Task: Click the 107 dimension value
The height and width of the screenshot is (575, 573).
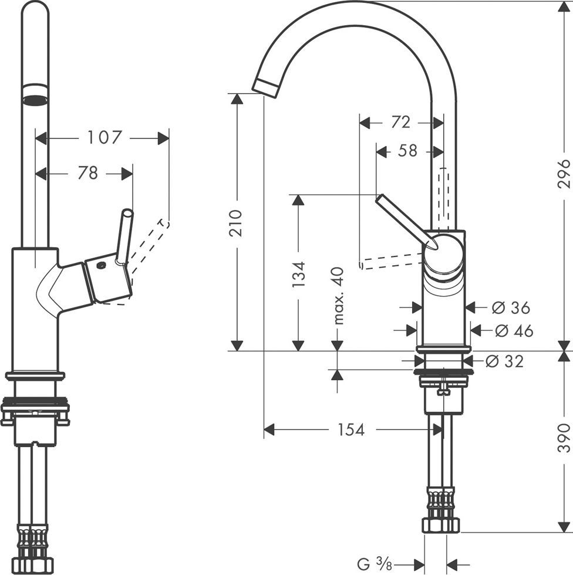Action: (x=104, y=138)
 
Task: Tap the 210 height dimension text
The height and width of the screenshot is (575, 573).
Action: (x=236, y=222)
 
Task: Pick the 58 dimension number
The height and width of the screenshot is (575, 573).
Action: (x=407, y=151)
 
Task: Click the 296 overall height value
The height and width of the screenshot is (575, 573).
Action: (x=564, y=173)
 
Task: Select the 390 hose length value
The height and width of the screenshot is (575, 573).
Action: (x=564, y=437)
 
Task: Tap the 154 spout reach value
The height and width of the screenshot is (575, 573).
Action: (x=351, y=430)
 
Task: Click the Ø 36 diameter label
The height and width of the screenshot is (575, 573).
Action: (x=510, y=307)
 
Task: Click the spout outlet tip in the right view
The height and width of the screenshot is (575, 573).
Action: (x=265, y=87)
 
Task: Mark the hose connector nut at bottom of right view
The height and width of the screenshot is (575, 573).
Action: (x=440, y=524)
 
